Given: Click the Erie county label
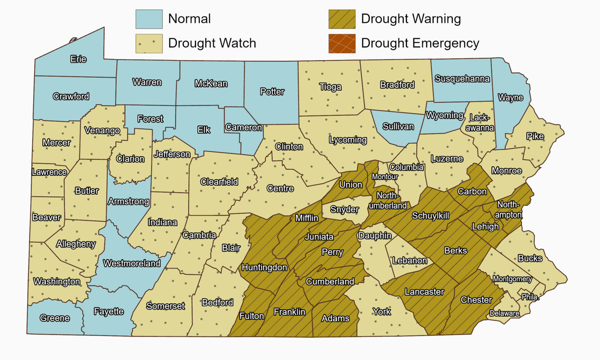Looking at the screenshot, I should click(x=78, y=60).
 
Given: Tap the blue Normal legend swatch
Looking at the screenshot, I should click(x=149, y=19).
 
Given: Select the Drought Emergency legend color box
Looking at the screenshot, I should click(x=342, y=44).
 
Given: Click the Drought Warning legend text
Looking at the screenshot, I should click(x=411, y=19).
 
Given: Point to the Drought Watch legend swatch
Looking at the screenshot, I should click(x=149, y=44).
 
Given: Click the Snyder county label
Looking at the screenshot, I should click(x=344, y=210).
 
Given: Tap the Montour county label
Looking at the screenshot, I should click(x=385, y=177).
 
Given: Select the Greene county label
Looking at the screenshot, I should click(x=55, y=318).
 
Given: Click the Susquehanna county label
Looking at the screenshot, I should click(x=462, y=79).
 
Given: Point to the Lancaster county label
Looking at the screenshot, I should click(x=424, y=292).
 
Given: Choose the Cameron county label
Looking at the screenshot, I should click(x=243, y=127).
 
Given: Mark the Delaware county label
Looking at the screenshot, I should click(x=504, y=313).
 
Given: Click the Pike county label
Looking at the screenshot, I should click(x=535, y=136).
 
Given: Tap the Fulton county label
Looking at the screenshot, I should click(x=252, y=316).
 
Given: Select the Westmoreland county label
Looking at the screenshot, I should click(x=132, y=263).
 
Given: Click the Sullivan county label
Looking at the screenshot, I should click(x=398, y=127).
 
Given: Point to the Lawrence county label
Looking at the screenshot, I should click(x=49, y=172).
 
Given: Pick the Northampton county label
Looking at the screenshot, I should click(x=510, y=210).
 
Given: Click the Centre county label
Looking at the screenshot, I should click(x=280, y=188).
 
